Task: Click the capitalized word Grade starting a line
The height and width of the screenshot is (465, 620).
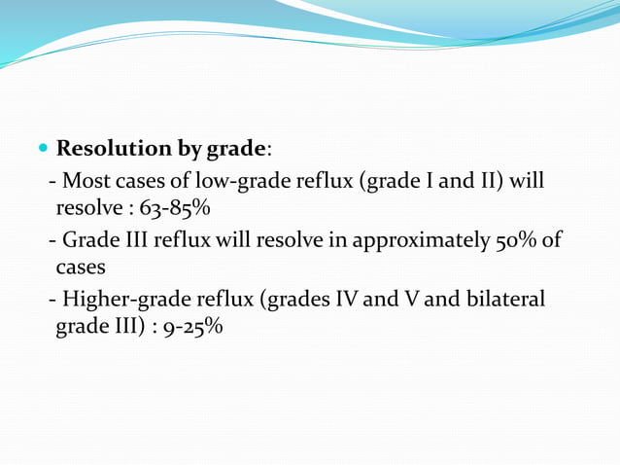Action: (89, 240)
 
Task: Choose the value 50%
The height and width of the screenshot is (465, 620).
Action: (513, 240)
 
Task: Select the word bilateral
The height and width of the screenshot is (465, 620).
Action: (504, 300)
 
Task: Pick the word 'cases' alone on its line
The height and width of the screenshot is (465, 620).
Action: (80, 266)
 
